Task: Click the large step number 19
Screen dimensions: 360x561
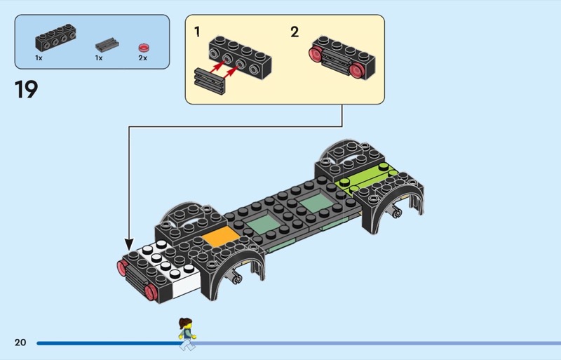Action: click(x=26, y=91)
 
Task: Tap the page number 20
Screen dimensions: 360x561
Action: click(x=20, y=342)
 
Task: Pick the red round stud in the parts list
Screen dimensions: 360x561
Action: click(x=144, y=46)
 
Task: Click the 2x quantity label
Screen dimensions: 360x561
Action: click(x=143, y=58)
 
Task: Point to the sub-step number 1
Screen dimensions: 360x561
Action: click(x=197, y=32)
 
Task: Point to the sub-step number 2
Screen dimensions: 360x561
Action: click(x=294, y=32)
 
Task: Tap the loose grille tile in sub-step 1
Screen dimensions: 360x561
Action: click(x=209, y=81)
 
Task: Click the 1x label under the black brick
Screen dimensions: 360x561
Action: click(x=39, y=58)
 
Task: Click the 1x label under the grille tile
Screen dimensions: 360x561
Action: click(x=99, y=58)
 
